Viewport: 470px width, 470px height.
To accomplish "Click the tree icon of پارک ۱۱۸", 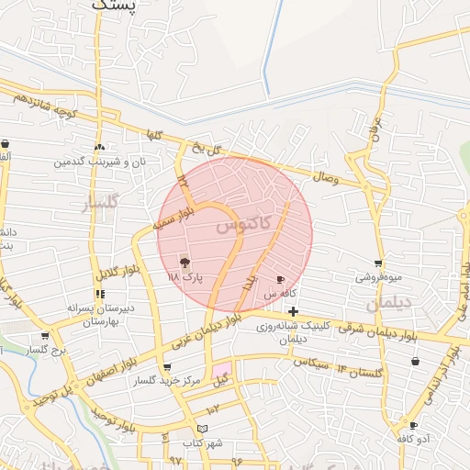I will pyautogui.click(x=186, y=263).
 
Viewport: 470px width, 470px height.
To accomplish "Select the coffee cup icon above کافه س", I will pyautogui.click(x=280, y=279).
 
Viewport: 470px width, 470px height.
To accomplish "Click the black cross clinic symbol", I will pyautogui.click(x=293, y=312).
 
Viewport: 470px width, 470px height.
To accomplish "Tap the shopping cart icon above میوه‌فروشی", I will pyautogui.click(x=378, y=263).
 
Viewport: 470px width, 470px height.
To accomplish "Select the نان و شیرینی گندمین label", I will pyautogui.click(x=98, y=162).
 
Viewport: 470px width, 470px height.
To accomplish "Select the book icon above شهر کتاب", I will pyautogui.click(x=203, y=429).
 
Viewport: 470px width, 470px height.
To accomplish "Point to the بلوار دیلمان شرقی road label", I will pyautogui.click(x=375, y=330).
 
